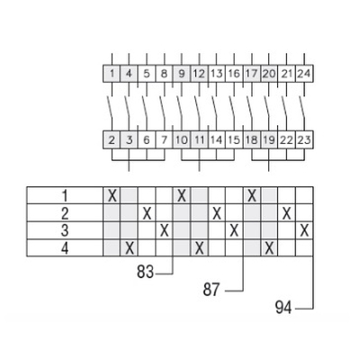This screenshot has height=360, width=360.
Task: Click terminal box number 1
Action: click(112, 74)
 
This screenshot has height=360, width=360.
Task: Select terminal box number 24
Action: click(304, 74)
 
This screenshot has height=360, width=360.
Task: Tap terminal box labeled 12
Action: click(199, 74)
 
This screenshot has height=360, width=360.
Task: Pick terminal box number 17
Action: click(252, 74)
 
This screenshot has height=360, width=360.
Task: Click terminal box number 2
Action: click(112, 139)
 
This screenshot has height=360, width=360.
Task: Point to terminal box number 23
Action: click(304, 139)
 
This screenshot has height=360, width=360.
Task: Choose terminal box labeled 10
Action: click(182, 139)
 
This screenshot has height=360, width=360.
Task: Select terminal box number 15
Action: click(234, 139)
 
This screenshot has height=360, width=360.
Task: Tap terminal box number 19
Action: click(269, 139)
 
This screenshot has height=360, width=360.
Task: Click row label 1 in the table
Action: click(65, 196)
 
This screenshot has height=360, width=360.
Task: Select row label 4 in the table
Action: click(65, 248)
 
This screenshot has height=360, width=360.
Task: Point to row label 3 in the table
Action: click(65, 230)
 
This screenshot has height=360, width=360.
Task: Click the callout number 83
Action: click(145, 272)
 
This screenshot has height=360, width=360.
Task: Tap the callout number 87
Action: click(211, 290)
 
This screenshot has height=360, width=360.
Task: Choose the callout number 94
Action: click(283, 308)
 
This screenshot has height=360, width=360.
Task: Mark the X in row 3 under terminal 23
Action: click(304, 230)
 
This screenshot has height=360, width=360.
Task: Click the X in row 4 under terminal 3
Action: click(130, 248)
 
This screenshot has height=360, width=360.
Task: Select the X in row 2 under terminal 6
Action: click(147, 213)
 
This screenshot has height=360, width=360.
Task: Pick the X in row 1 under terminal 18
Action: click(252, 196)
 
